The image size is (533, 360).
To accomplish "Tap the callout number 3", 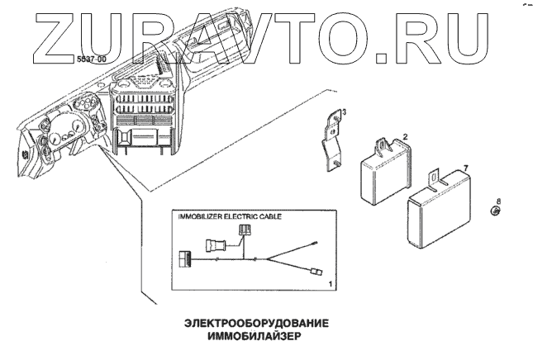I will pyautogui.click(x=344, y=111).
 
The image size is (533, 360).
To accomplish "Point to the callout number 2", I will pyautogui.click(x=405, y=135).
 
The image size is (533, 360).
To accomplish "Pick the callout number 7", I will pyautogui.click(x=466, y=168).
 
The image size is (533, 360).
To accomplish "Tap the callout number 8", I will pyautogui.click(x=498, y=201).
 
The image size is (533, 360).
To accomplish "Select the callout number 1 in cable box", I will pyautogui.click(x=331, y=283).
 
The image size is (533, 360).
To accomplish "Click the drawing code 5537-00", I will pyautogui.click(x=90, y=60).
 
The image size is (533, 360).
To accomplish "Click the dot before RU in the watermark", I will pyautogui.click(x=382, y=56).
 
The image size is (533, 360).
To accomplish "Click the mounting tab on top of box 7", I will pyautogui.click(x=433, y=176).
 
